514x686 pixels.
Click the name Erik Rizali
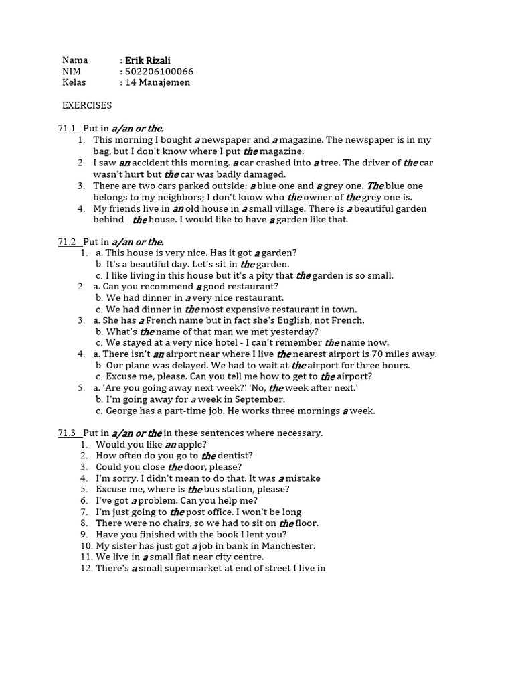coord(150,60)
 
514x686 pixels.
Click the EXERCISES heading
coord(87,106)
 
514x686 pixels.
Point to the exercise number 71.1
coord(68,129)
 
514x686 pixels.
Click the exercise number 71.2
coord(68,242)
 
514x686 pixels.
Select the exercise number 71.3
coord(68,433)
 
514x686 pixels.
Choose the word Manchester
coord(285,546)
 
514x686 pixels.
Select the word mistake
coord(303,478)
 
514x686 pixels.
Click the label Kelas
coord(75,83)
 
